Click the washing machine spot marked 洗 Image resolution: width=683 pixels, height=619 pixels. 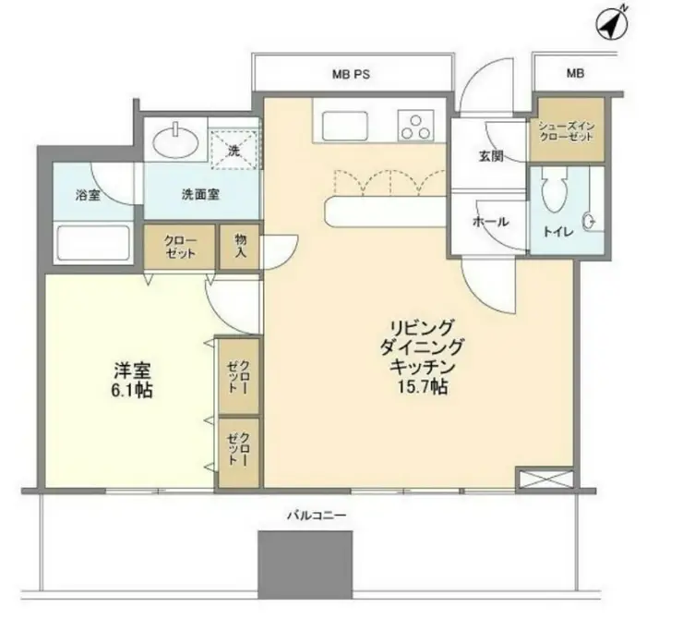pos(234,145)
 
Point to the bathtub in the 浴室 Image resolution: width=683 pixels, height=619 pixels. pos(90,244)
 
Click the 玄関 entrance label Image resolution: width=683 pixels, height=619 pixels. pos(490,156)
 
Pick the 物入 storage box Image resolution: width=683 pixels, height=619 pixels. pos(239,246)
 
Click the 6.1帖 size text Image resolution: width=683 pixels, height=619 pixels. pos(133,391)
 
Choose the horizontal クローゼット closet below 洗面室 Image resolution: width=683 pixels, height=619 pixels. pos(179,246)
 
